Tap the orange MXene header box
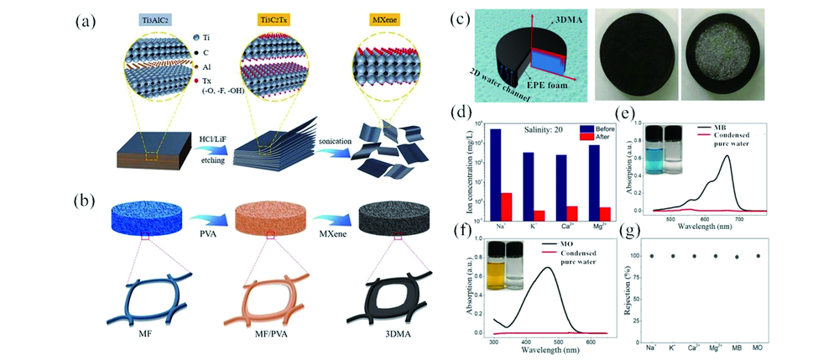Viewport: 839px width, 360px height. [359, 17]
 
